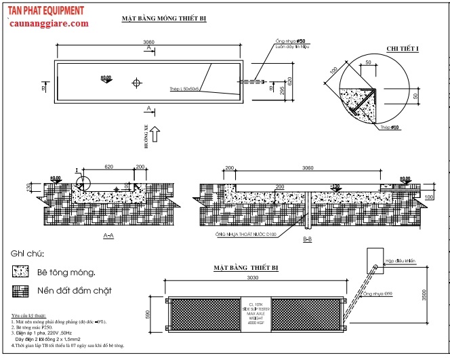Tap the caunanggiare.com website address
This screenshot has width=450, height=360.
[x=49, y=24]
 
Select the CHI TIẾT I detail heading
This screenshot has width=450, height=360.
[x=403, y=49]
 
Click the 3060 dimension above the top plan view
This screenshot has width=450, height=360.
[x=149, y=42]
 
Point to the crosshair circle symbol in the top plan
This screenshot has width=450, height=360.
[x=137, y=83]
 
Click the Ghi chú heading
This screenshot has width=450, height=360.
[x=27, y=254]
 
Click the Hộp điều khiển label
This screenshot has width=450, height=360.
[x=401, y=258]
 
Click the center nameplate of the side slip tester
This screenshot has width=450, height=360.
[x=256, y=314]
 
